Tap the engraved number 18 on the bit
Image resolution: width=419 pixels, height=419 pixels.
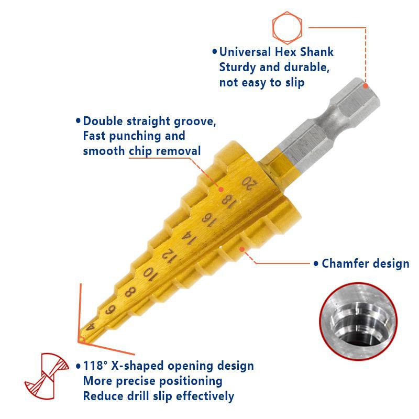pyautogui.click(x=227, y=200)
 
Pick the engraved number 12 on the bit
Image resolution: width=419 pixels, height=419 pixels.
pyautogui.click(x=168, y=255)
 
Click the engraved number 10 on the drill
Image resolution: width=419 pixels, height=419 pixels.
pyautogui.click(x=149, y=273)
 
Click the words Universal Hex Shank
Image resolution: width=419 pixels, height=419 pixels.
pyautogui.click(x=276, y=52)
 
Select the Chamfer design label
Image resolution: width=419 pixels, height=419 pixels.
pyautogui.click(x=365, y=263)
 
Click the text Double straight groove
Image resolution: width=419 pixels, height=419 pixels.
pyautogui.click(x=149, y=121)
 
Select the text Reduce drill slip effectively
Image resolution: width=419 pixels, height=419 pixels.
pyautogui.click(x=158, y=396)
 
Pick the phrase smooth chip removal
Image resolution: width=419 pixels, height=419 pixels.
pyautogui.click(x=141, y=151)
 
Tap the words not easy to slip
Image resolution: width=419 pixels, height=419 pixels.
pyautogui.click(x=261, y=82)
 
